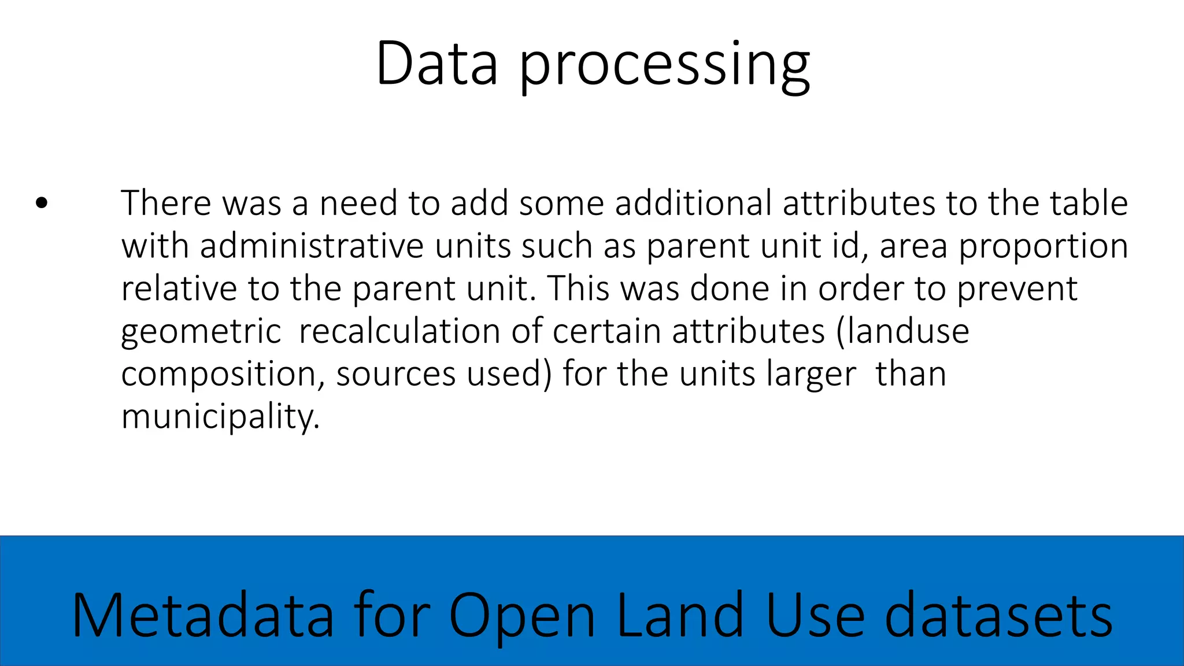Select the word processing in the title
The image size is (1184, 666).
(x=665, y=66)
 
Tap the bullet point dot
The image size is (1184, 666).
(x=41, y=203)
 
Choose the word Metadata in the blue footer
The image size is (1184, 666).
(x=203, y=615)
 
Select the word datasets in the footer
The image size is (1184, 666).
(x=998, y=615)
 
